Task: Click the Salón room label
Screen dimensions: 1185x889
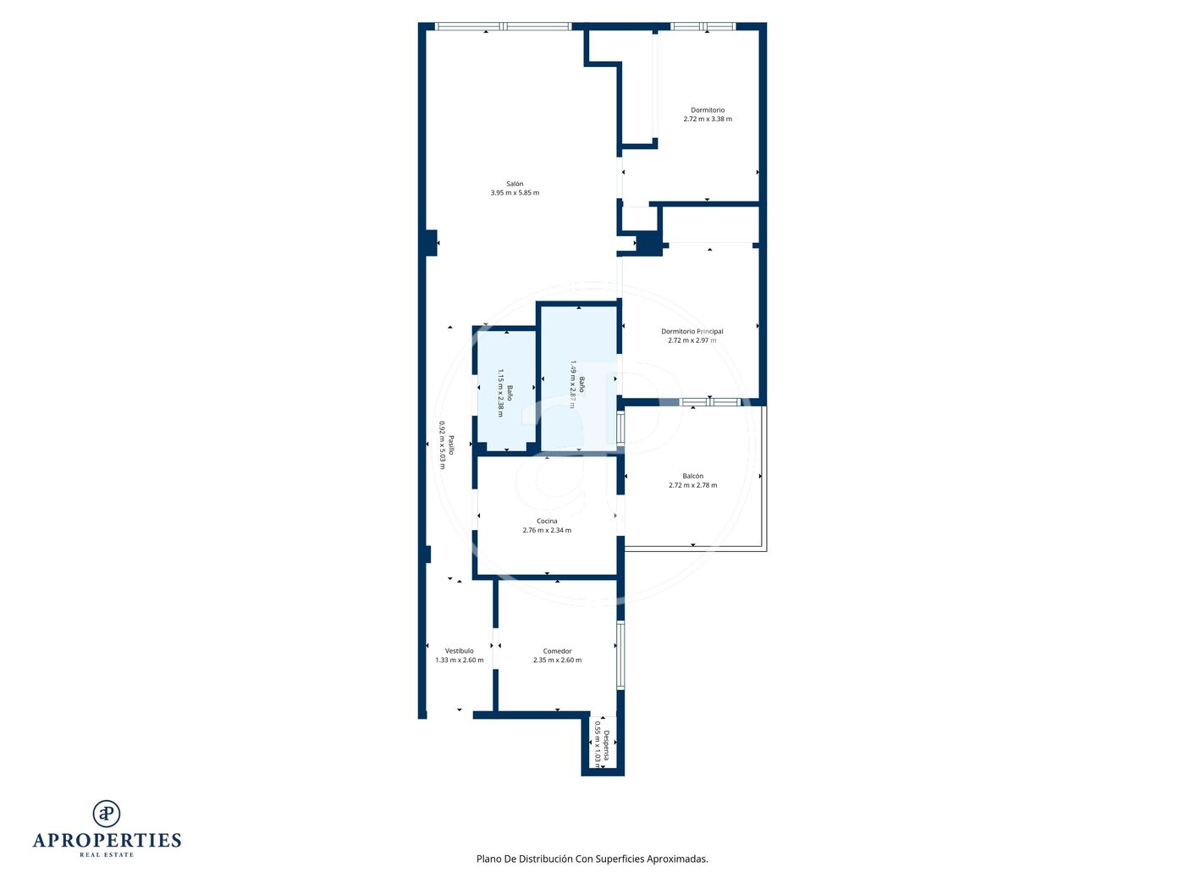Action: [x=515, y=184]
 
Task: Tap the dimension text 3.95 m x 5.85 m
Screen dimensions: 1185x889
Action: [x=515, y=193]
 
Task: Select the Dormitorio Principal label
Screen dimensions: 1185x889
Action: [x=692, y=331]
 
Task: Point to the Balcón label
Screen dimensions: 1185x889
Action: [x=692, y=476]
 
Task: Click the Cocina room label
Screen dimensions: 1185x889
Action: [x=547, y=521]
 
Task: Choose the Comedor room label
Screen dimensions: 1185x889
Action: [x=557, y=651]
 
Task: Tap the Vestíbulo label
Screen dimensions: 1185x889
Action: [x=460, y=651]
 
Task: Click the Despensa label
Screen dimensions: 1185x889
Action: [x=606, y=745]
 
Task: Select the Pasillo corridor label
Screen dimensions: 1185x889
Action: [x=451, y=445]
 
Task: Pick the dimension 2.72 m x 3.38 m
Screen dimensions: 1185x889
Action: [x=708, y=119]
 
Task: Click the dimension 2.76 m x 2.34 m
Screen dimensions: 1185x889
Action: [x=547, y=530]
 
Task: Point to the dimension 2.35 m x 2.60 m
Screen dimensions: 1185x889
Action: [x=557, y=660]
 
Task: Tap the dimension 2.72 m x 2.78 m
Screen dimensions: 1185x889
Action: [x=692, y=485]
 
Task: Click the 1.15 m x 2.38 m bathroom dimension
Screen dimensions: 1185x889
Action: [x=500, y=393]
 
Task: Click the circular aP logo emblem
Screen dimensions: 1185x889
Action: [x=107, y=814]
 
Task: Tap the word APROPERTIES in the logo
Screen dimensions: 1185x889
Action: [x=107, y=841]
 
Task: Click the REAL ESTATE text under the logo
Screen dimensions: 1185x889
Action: [x=107, y=855]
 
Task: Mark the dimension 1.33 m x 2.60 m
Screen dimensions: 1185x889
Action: [x=460, y=660]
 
